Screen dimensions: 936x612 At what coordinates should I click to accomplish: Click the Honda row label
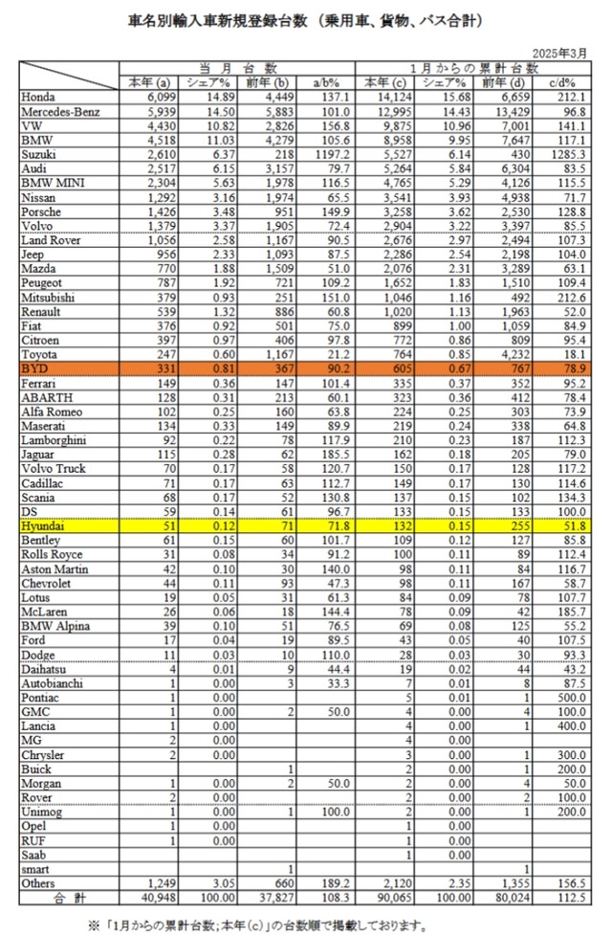37,97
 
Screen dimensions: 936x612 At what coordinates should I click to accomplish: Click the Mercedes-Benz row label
59,111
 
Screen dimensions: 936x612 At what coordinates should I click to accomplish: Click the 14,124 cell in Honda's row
386,97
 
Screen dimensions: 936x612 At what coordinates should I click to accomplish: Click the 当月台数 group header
236,68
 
